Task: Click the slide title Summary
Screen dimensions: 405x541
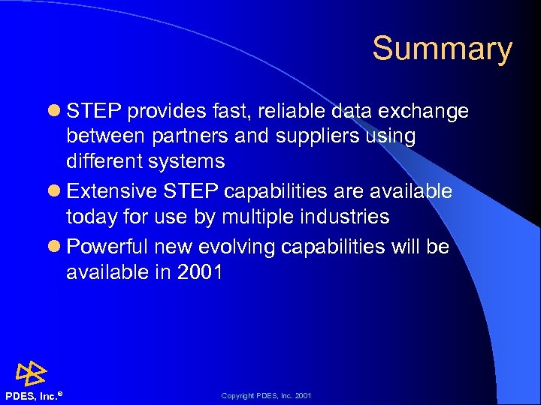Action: point(442,49)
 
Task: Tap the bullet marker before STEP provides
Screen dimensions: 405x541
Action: point(55,112)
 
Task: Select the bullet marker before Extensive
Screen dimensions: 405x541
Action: point(55,192)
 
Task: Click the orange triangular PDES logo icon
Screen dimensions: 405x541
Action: point(31,373)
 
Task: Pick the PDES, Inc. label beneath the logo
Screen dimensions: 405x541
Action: point(31,395)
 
